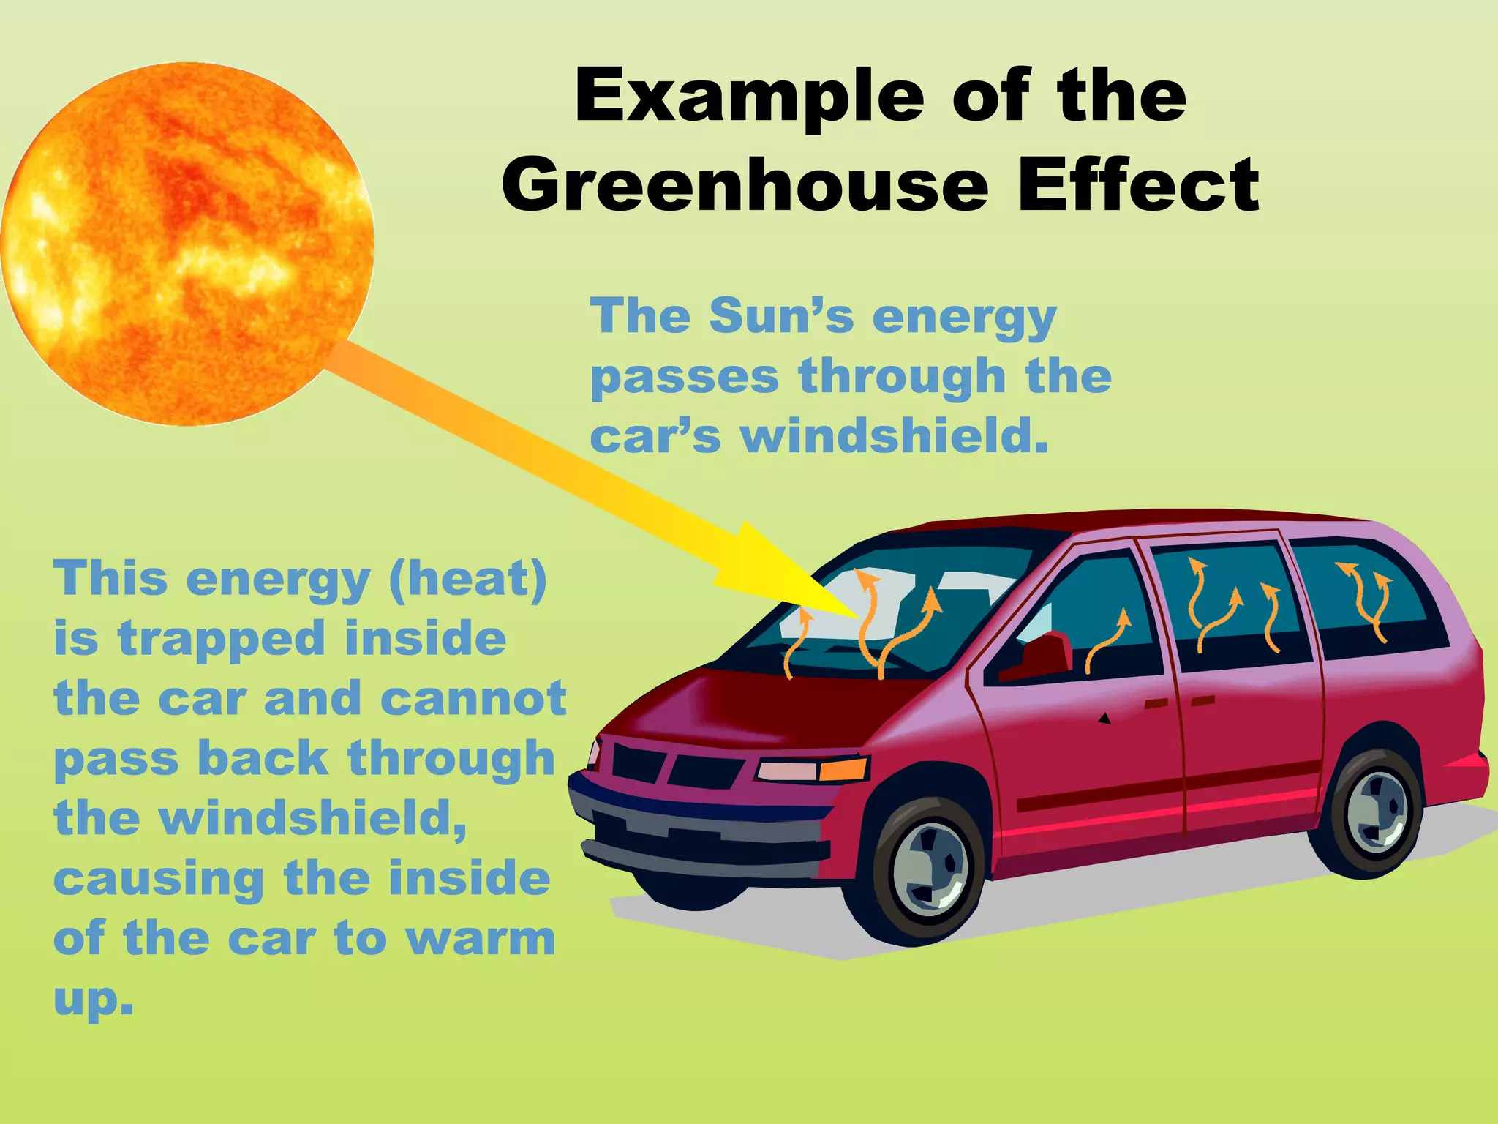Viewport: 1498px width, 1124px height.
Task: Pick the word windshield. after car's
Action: (893, 437)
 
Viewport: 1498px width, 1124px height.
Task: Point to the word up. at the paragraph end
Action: (94, 1000)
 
